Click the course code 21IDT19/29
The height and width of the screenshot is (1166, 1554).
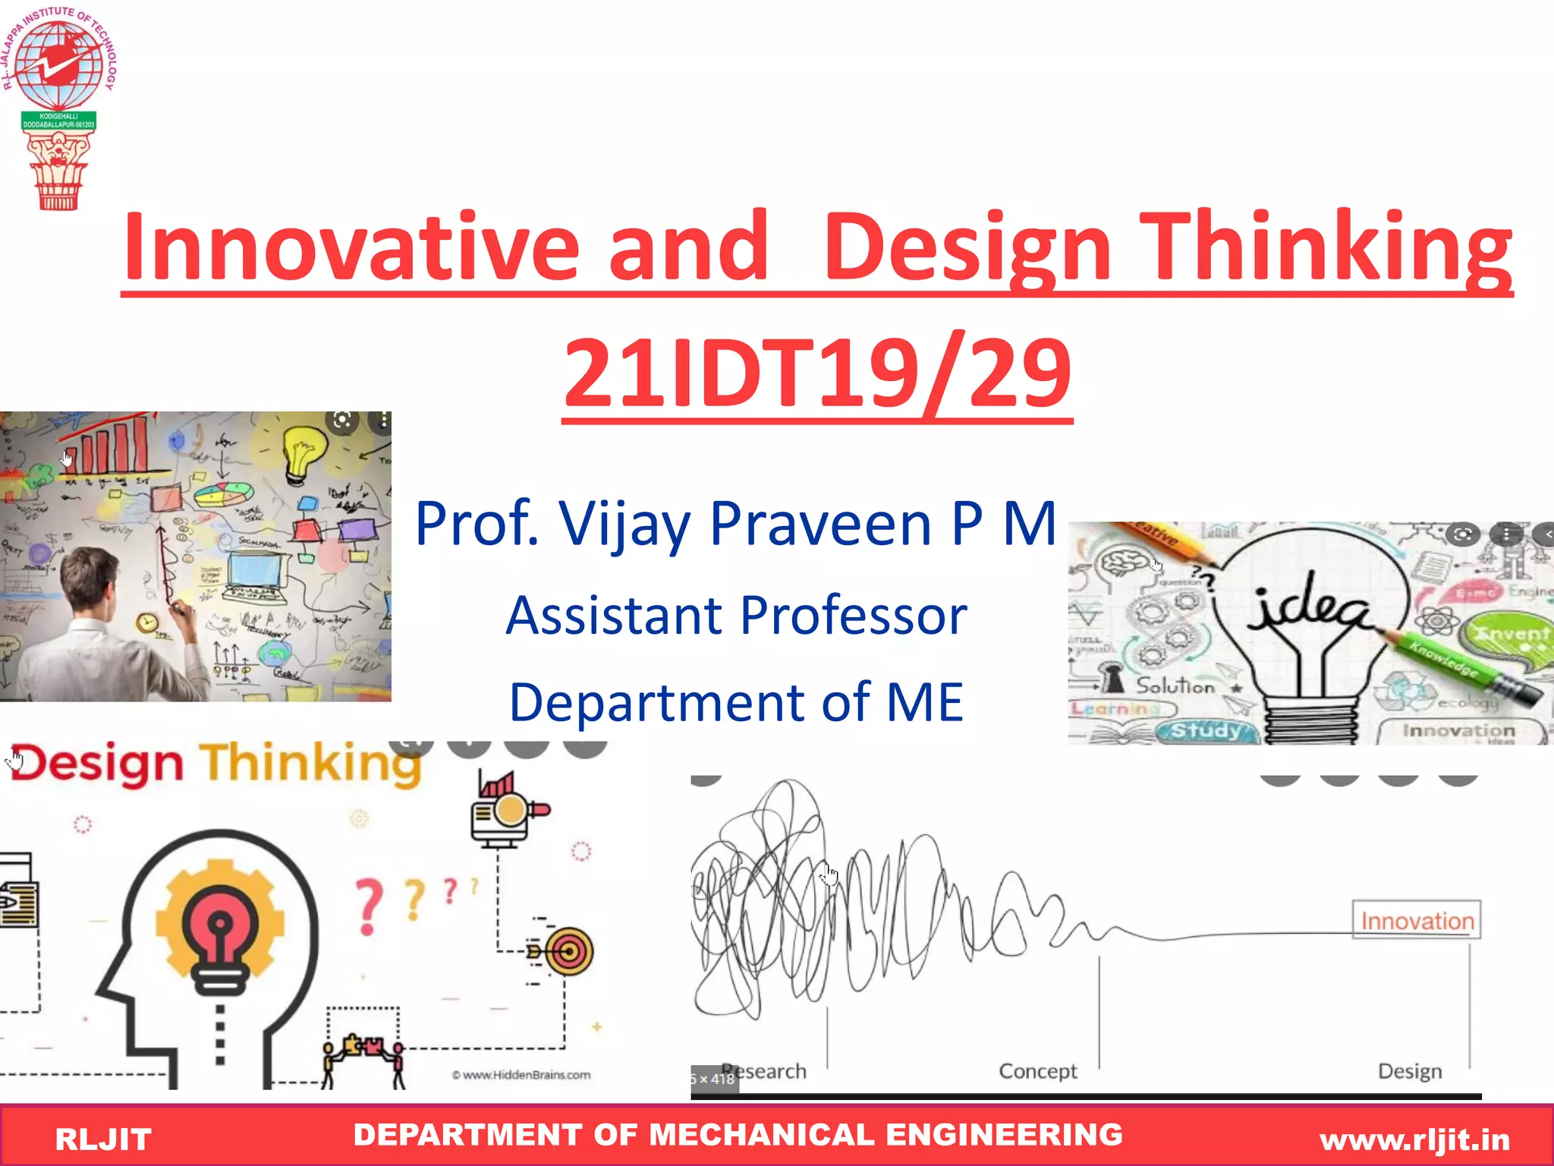click(x=817, y=373)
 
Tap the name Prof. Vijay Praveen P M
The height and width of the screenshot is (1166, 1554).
click(x=735, y=524)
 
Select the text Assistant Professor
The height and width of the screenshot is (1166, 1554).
click(x=736, y=615)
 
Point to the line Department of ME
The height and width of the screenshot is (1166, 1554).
click(x=736, y=702)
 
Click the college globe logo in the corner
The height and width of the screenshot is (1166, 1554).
click(x=58, y=65)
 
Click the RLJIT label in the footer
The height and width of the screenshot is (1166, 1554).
click(x=103, y=1139)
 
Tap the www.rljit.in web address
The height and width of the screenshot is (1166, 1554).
click(x=1414, y=1139)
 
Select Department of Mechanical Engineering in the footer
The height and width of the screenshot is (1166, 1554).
click(x=738, y=1135)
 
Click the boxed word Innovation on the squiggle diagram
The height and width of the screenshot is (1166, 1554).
click(x=1416, y=921)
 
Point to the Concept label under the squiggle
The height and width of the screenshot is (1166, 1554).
click(x=1037, y=1071)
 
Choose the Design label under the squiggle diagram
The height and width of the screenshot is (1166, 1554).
click(x=1409, y=1071)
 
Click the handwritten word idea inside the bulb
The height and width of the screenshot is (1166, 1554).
click(x=1311, y=610)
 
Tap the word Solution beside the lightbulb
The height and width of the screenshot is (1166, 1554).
click(x=1175, y=685)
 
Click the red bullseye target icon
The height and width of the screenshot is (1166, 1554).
click(x=569, y=951)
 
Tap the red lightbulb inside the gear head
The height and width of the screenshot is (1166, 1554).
click(x=220, y=926)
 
